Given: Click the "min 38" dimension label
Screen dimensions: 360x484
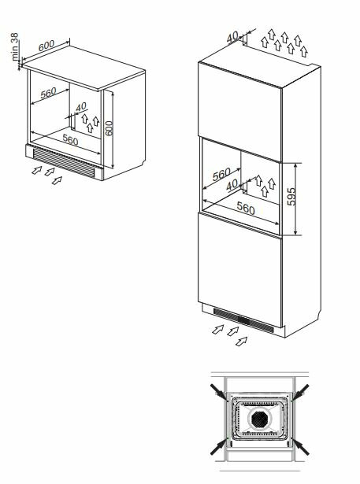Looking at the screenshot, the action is tap(15, 46).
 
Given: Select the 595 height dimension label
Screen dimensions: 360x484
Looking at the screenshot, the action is tap(291, 196).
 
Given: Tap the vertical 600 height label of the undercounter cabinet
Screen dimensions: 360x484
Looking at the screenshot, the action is tap(109, 128).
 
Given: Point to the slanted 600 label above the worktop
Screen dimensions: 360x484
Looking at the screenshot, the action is tap(46, 46).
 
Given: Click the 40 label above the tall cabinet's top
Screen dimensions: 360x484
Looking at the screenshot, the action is tap(232, 37).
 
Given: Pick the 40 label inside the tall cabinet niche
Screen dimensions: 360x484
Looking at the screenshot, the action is tap(232, 185).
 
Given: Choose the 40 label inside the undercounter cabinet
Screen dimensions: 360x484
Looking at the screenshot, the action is tap(81, 107).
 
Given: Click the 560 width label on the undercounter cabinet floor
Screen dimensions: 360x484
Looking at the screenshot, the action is tap(70, 140).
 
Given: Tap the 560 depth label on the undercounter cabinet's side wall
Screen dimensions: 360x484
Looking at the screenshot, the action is tap(49, 93).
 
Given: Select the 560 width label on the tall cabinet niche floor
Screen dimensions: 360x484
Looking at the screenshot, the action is tap(246, 208).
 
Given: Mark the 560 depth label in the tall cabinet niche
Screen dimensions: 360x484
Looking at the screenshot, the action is tap(221, 175).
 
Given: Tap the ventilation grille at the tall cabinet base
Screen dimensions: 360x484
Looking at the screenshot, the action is tap(243, 320).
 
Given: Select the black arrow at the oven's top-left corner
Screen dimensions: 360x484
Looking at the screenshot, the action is tap(219, 393).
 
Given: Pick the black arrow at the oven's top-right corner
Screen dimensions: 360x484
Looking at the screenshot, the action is tap(300, 393).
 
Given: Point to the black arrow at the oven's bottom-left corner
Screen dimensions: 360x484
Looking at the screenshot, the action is tap(219, 446).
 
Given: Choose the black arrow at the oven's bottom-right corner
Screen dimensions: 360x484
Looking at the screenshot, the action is tap(300, 446).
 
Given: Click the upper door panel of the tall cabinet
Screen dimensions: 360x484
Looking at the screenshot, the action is tap(240, 112).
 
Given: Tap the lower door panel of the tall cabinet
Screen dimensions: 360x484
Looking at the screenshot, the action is tap(240, 269).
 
